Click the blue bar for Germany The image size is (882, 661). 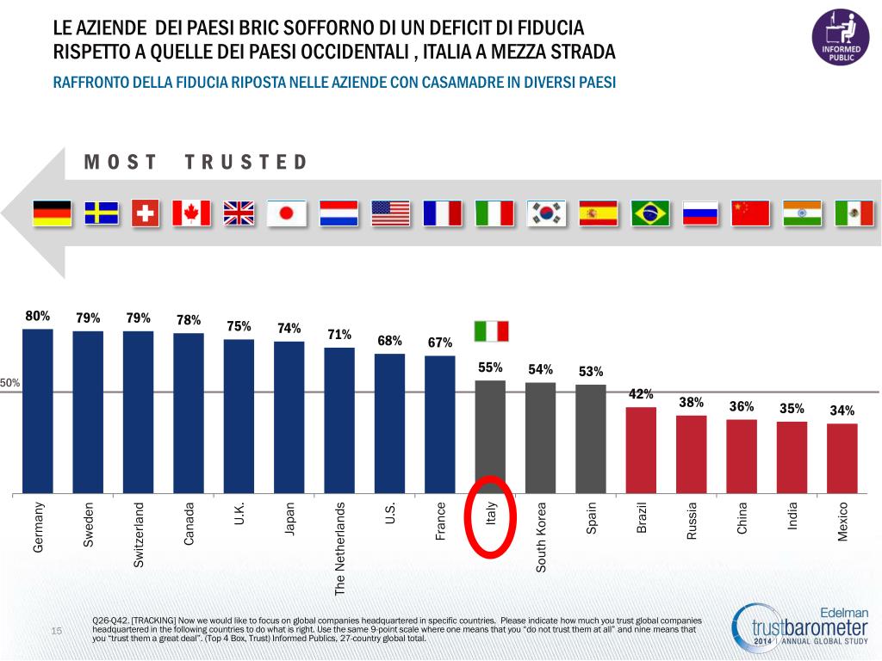pos(38,411)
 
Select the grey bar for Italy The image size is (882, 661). pos(490,437)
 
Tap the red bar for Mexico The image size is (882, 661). pos(842,459)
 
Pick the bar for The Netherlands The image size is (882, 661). pos(339,421)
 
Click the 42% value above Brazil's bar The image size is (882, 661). pos(641,394)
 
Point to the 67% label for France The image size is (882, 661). pos(439,343)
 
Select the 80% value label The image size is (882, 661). pos(38,316)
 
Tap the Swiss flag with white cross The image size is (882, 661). pos(146,213)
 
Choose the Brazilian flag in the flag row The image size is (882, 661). pos(650,213)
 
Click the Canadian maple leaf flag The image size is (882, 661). pos(191,213)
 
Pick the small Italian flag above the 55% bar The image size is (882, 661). pos(491,331)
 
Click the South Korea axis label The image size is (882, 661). pos(542,536)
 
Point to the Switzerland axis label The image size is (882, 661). pos(139,534)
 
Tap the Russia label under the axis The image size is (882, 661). pos(691,522)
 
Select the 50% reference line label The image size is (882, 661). pos(10,383)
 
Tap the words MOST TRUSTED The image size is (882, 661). pos(196,163)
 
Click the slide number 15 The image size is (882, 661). pos(57,633)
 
